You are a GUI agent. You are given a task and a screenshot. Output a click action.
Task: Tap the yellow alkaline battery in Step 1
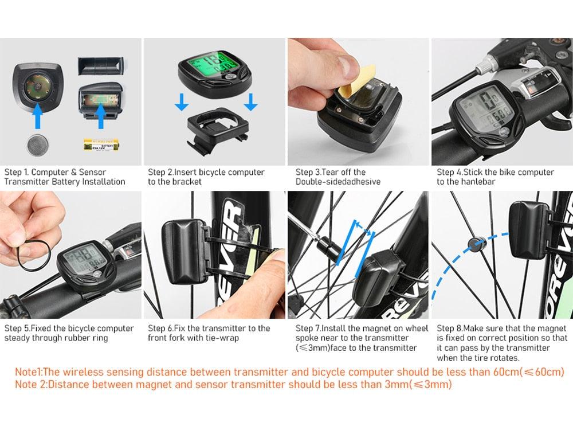tap(101, 146)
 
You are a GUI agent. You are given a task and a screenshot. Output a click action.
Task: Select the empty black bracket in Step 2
tap(215, 129)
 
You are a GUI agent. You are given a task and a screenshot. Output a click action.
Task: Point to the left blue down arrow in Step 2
tap(182, 102)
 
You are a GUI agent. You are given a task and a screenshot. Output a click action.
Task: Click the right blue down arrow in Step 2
tap(250, 102)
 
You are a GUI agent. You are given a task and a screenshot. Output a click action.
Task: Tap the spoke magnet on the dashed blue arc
tap(476, 245)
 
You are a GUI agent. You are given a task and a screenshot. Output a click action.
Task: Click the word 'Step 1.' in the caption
tap(17, 172)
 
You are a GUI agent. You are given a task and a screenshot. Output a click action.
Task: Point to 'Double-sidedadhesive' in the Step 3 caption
tap(337, 182)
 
